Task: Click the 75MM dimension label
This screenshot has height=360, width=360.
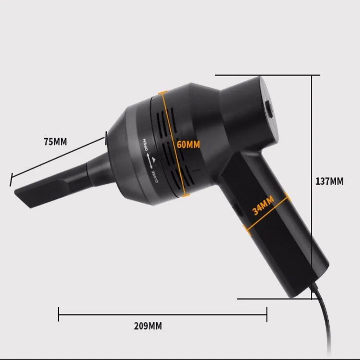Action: click(x=55, y=141)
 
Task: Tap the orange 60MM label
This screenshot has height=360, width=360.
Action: click(x=188, y=145)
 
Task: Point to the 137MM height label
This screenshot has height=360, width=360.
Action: click(x=329, y=181)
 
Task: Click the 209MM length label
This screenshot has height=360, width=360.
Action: click(x=148, y=326)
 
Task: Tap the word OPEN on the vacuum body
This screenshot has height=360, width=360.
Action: click(x=145, y=145)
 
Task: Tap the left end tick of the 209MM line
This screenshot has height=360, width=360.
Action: click(x=59, y=314)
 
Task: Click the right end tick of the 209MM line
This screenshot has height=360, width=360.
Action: click(x=267, y=314)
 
